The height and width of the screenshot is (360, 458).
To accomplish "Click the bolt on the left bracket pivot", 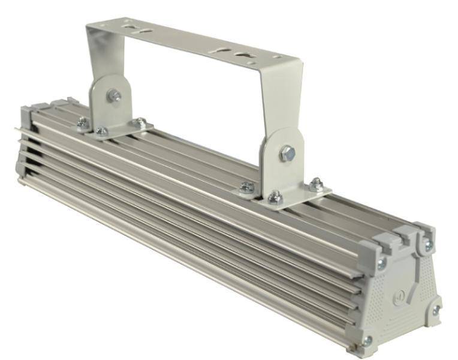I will click(114, 95).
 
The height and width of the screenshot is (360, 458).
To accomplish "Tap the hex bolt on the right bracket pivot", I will click(287, 152).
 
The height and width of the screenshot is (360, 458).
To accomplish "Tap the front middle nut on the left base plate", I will click(103, 131).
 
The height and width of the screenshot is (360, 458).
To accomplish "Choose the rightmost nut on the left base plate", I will click(140, 122).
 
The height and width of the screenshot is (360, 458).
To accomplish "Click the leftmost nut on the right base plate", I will click(246, 188).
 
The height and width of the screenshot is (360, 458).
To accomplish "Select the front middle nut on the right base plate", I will click(275, 197).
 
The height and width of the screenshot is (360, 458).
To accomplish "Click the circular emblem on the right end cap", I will click(399, 295).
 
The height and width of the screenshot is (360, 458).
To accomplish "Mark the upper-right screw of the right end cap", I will click(428, 245).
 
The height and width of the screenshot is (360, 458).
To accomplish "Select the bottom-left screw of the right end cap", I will click(367, 341).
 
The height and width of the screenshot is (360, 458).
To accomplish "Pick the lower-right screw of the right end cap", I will click(436, 310).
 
